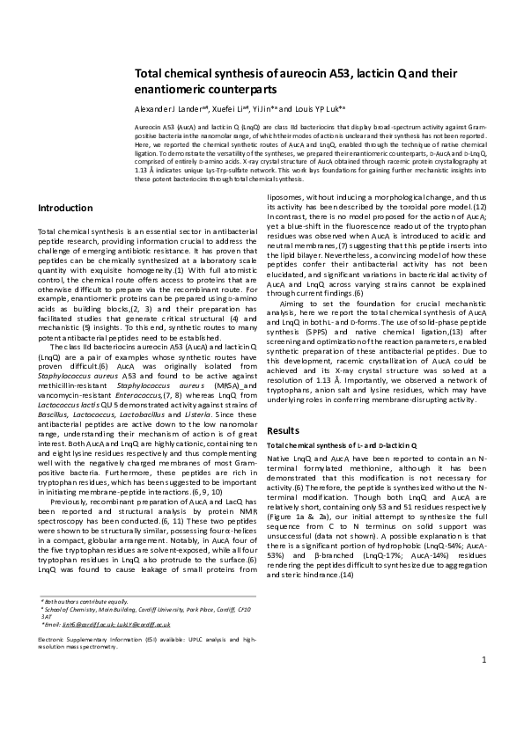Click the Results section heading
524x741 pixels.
[x=286, y=432]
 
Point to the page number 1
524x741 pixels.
[x=483, y=708]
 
